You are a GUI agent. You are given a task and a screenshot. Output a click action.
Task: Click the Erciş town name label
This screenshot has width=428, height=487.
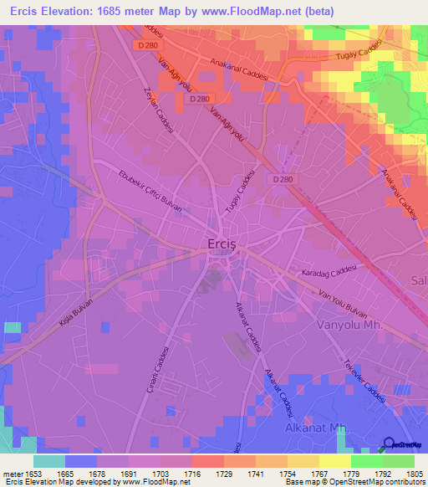coord(224,244)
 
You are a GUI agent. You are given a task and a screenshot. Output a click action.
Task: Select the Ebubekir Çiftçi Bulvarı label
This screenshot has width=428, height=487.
coord(150,189)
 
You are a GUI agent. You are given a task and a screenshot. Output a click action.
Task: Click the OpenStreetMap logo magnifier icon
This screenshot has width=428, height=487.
coord(389,446)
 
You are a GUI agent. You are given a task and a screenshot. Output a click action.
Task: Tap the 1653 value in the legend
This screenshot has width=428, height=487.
coord(33,473)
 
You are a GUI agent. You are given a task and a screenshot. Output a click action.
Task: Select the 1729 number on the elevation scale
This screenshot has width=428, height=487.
coord(223,473)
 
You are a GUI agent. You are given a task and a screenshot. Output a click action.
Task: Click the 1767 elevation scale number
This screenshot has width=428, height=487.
coord(318,473)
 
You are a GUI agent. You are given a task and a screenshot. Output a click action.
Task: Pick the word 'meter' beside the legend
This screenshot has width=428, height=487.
coord(12,473)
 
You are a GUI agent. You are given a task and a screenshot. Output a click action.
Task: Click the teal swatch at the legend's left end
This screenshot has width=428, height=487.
coord(49,461)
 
